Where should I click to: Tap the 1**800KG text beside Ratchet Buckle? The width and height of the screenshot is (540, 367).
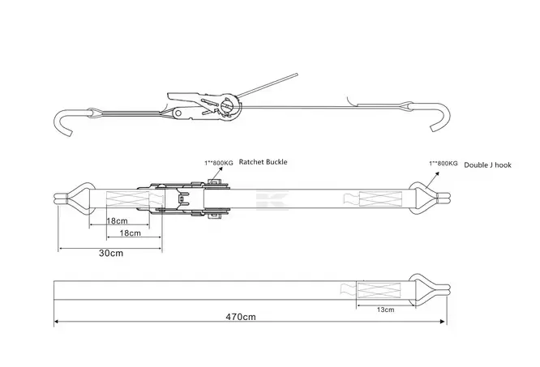[218, 162]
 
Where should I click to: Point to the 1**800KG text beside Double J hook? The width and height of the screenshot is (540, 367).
[443, 164]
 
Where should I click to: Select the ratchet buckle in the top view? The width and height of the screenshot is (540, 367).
[191, 200]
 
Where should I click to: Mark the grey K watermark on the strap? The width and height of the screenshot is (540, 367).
[265, 199]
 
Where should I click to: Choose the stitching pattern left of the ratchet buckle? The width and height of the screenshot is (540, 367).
[118, 199]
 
